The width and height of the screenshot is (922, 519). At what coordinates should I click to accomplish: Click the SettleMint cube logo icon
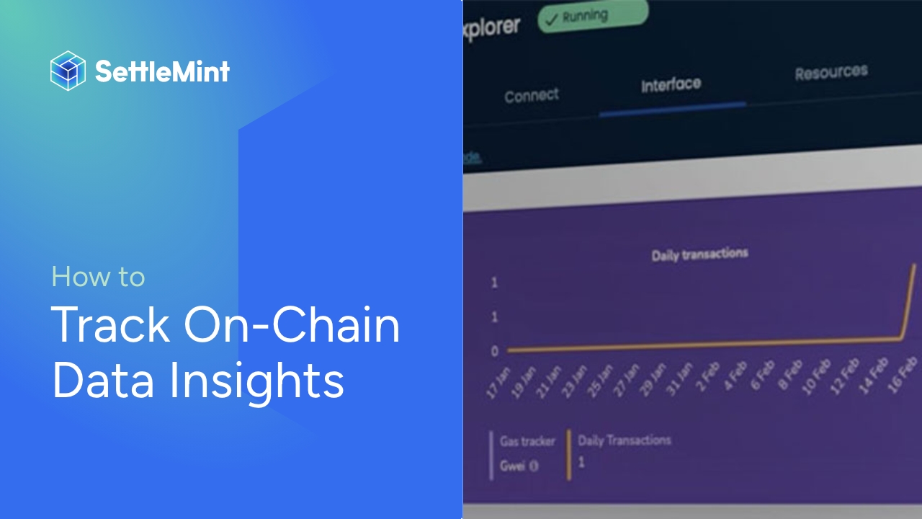[x=68, y=71]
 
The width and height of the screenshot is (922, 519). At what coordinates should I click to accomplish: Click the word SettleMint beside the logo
[x=162, y=71]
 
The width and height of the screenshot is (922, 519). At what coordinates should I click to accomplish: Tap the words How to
[x=99, y=277]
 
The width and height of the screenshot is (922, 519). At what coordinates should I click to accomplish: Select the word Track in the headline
[x=111, y=325]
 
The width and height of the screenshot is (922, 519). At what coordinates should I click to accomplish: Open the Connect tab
[x=532, y=95]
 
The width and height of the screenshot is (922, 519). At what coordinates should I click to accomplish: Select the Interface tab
[x=671, y=84]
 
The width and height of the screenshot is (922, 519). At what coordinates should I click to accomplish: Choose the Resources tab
[x=831, y=72]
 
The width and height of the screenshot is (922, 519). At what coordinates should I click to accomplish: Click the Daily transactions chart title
[x=699, y=254]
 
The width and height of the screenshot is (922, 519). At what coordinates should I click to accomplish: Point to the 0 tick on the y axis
[x=494, y=352]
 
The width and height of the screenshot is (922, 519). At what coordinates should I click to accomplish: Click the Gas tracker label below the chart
[x=528, y=441]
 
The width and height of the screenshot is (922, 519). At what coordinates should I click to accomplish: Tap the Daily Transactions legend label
[x=624, y=440]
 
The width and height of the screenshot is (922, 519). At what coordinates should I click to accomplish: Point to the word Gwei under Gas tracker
[x=514, y=465]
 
